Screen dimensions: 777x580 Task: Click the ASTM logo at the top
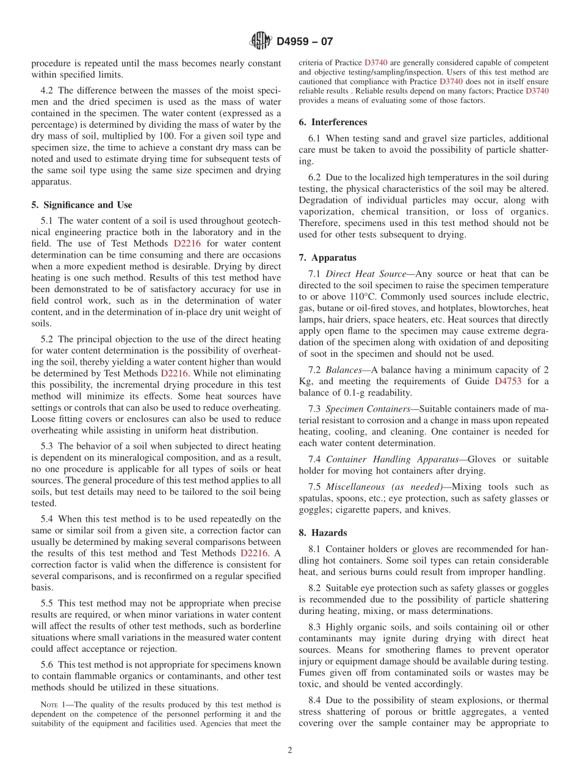pos(261,42)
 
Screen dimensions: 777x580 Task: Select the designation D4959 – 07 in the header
pos(305,42)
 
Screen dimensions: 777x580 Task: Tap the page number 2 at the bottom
pos(290,750)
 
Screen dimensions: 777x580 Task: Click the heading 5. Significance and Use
pos(82,205)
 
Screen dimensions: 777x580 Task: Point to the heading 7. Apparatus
pos(328,258)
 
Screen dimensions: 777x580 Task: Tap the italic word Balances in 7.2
pos(344,370)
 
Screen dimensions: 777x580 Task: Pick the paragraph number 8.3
pos(316,627)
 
